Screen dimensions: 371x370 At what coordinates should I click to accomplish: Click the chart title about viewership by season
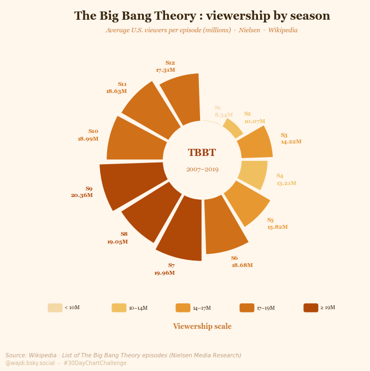(202, 16)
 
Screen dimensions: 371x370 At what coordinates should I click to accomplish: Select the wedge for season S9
(131, 185)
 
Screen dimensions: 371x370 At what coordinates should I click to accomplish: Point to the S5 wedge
(247, 202)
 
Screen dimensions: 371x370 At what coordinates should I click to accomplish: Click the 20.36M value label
(81, 195)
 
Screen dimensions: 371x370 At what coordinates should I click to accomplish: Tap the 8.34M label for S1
(224, 115)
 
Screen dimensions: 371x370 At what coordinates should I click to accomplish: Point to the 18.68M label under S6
(242, 265)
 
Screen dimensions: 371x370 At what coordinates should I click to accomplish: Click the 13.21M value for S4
(286, 183)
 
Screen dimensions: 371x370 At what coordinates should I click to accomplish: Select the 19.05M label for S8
(118, 242)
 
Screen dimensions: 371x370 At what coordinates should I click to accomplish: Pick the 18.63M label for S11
(116, 91)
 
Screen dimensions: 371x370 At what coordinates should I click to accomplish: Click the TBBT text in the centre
(202, 153)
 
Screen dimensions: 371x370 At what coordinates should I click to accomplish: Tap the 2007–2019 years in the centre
(202, 170)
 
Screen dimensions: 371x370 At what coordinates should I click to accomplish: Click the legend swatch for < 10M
(55, 308)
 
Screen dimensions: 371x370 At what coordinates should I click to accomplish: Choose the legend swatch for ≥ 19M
(310, 308)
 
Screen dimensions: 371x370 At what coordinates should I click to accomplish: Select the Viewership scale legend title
(202, 327)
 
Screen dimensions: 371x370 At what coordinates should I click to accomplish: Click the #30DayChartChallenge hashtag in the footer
(95, 363)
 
